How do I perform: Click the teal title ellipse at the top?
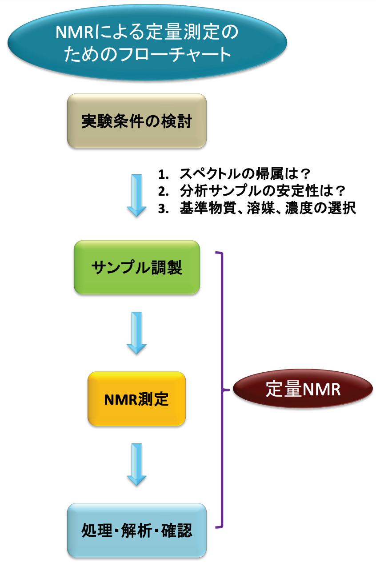[x=147, y=43]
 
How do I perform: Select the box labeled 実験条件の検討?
[x=136, y=121]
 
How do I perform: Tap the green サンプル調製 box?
[x=136, y=267]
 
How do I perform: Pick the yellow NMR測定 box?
[x=136, y=399]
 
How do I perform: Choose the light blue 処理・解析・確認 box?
[x=136, y=531]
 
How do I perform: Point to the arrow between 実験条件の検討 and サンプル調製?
[x=136, y=194]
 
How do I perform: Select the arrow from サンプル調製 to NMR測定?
[x=136, y=332]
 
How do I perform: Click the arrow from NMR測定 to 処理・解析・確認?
[x=136, y=464]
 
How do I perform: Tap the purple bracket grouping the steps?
[x=221, y=390]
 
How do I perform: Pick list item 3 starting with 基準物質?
[x=258, y=208]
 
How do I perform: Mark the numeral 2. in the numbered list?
[x=163, y=191]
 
